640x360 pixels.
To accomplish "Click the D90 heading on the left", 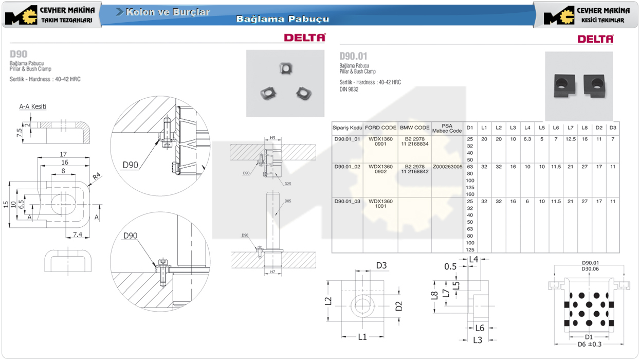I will click(x=19, y=54).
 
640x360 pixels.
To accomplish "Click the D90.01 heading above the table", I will click(x=354, y=56).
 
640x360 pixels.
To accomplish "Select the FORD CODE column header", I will click(x=380, y=128).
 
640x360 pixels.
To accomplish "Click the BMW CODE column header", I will click(x=414, y=128).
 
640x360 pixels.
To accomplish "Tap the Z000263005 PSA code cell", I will click(x=447, y=167).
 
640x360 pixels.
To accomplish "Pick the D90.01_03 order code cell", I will click(x=348, y=201).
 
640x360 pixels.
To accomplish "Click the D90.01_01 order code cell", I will click(x=348, y=139).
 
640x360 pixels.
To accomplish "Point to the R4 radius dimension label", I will click(x=97, y=176).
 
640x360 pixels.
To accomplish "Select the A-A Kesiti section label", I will click(x=33, y=106).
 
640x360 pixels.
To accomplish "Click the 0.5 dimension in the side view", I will click(x=451, y=266).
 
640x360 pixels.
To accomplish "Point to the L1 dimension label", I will click(x=362, y=337).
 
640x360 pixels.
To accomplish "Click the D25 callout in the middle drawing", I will click(x=287, y=184).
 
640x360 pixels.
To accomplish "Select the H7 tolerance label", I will click(x=272, y=271).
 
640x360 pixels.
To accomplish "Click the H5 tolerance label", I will click(x=273, y=138).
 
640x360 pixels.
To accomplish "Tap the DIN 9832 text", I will click(x=349, y=89).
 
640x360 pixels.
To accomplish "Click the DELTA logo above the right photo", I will click(x=595, y=39).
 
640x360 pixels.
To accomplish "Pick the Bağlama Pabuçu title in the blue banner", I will click(x=283, y=20).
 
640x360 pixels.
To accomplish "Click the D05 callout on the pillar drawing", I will click(x=287, y=201).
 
